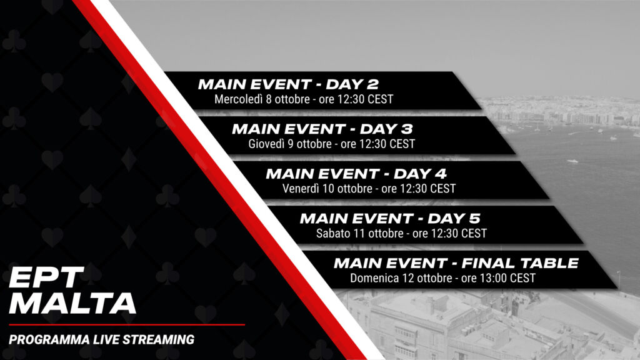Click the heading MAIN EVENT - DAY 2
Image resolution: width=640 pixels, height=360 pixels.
tap(289, 84)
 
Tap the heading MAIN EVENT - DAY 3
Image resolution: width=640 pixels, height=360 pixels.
tap(322, 129)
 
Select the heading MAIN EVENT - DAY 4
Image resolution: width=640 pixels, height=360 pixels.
tap(356, 174)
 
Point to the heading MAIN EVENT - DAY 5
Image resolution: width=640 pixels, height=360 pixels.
tap(390, 218)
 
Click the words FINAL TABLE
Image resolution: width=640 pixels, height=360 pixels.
tap(520, 263)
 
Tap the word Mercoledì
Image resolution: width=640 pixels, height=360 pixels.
tap(238, 99)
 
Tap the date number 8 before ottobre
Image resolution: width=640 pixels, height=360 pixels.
tap(269, 99)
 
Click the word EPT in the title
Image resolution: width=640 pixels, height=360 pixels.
tap(46, 277)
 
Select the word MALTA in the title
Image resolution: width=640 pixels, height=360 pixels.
tap(72, 303)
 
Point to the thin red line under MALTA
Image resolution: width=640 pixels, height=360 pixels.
tap(127, 325)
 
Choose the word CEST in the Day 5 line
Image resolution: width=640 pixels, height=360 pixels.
tap(474, 234)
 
